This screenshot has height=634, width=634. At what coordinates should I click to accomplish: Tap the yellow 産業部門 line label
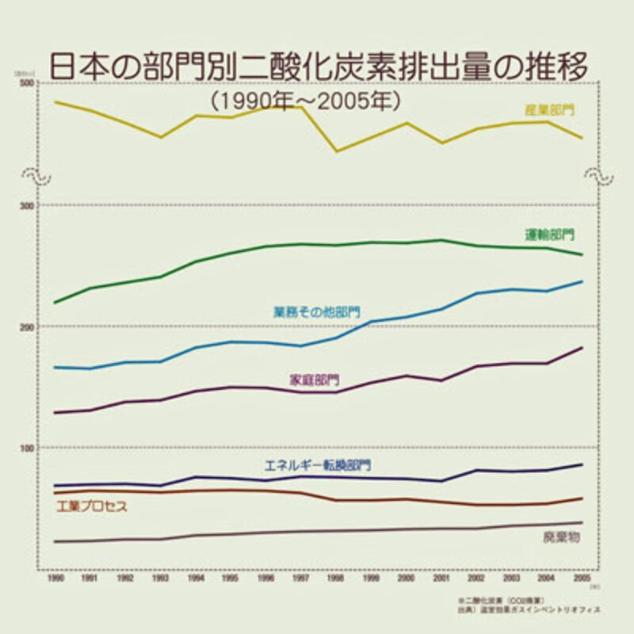(549, 110)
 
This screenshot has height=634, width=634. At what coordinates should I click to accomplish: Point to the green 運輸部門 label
(549, 235)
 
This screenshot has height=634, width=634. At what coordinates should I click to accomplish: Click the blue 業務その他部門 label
(316, 312)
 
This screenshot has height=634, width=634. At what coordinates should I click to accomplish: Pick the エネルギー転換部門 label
(317, 465)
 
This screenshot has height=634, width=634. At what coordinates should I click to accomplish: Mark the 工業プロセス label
(92, 506)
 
